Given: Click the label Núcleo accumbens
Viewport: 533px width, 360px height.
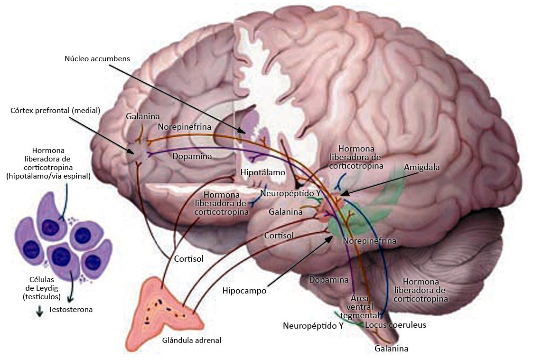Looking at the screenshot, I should click(x=97, y=58).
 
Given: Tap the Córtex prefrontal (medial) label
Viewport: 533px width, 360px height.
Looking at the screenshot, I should click(x=55, y=111).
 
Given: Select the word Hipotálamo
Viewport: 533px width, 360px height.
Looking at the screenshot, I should click(x=263, y=172).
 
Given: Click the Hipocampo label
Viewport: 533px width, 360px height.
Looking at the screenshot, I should click(x=244, y=291).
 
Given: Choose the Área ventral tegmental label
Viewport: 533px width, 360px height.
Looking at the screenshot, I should click(x=365, y=306).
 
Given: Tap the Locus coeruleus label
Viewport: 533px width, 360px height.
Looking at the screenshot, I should click(x=395, y=325).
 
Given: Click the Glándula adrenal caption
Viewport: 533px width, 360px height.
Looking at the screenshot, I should click(x=192, y=340).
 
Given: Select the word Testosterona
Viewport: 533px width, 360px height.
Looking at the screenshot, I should click(x=71, y=310).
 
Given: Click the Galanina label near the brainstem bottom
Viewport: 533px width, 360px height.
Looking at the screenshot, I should click(x=391, y=349).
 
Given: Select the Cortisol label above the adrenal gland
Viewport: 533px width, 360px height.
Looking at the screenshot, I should click(x=188, y=259).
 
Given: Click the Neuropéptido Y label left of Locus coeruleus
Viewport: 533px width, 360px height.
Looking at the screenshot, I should click(x=313, y=326).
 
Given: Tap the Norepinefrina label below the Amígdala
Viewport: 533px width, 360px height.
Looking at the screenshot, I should click(x=369, y=241).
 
